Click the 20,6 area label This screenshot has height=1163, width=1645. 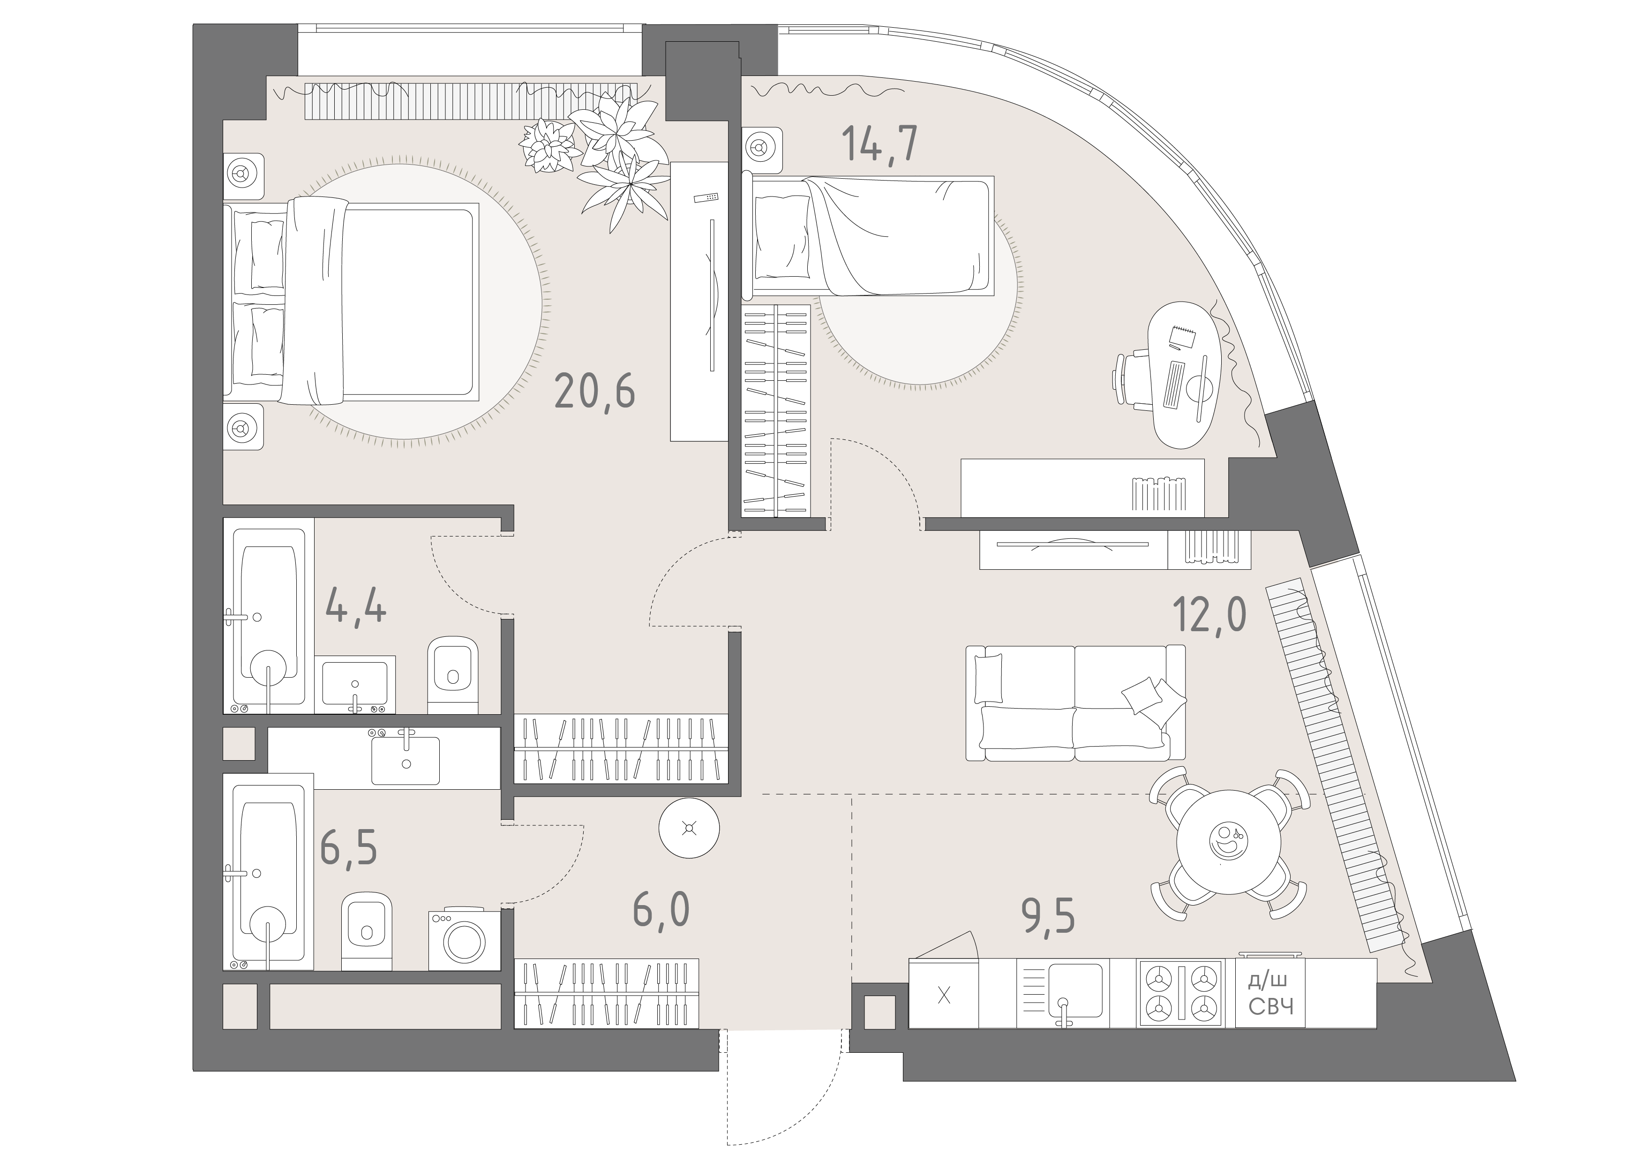click(x=594, y=393)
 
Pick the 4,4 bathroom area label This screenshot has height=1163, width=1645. click(x=356, y=605)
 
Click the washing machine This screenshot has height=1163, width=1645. click(x=464, y=939)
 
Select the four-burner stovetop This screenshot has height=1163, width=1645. click(x=1180, y=992)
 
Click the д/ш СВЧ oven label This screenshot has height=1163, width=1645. click(x=1271, y=992)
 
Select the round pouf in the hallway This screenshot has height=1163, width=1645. click(x=689, y=828)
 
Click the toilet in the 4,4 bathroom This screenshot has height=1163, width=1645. click(x=453, y=674)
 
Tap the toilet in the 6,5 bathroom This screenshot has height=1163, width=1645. click(x=367, y=930)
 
